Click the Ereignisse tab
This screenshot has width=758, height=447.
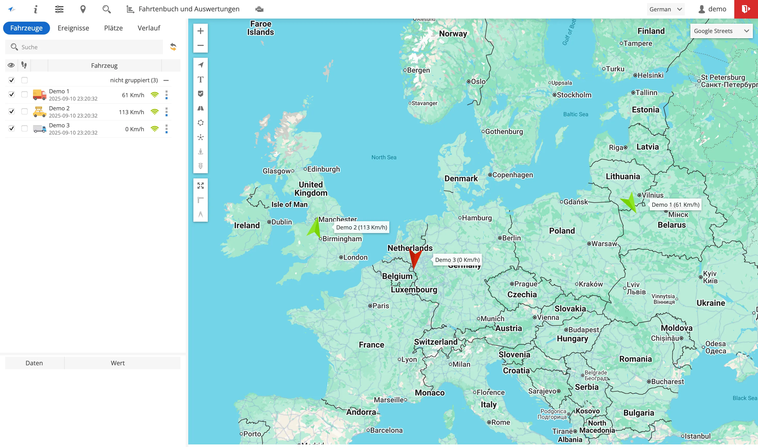point(73,28)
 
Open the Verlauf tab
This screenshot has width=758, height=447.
point(149,28)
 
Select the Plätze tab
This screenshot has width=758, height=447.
point(113,28)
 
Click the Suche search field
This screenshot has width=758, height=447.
point(87,47)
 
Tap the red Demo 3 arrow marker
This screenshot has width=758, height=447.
point(415,259)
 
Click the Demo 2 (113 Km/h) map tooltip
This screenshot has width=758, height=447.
point(361,227)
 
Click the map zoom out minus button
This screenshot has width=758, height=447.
point(200,45)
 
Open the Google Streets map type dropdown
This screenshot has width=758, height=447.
point(721,31)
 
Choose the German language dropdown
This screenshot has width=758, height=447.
point(665,9)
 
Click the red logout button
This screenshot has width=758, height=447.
point(746,9)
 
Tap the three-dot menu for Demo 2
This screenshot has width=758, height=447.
point(166,112)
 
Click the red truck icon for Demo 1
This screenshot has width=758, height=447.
point(39,95)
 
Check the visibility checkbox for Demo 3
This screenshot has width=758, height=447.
point(11,129)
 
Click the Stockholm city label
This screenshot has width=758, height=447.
point(574,95)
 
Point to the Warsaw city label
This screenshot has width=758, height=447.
point(604,243)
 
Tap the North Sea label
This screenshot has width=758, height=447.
point(384,157)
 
